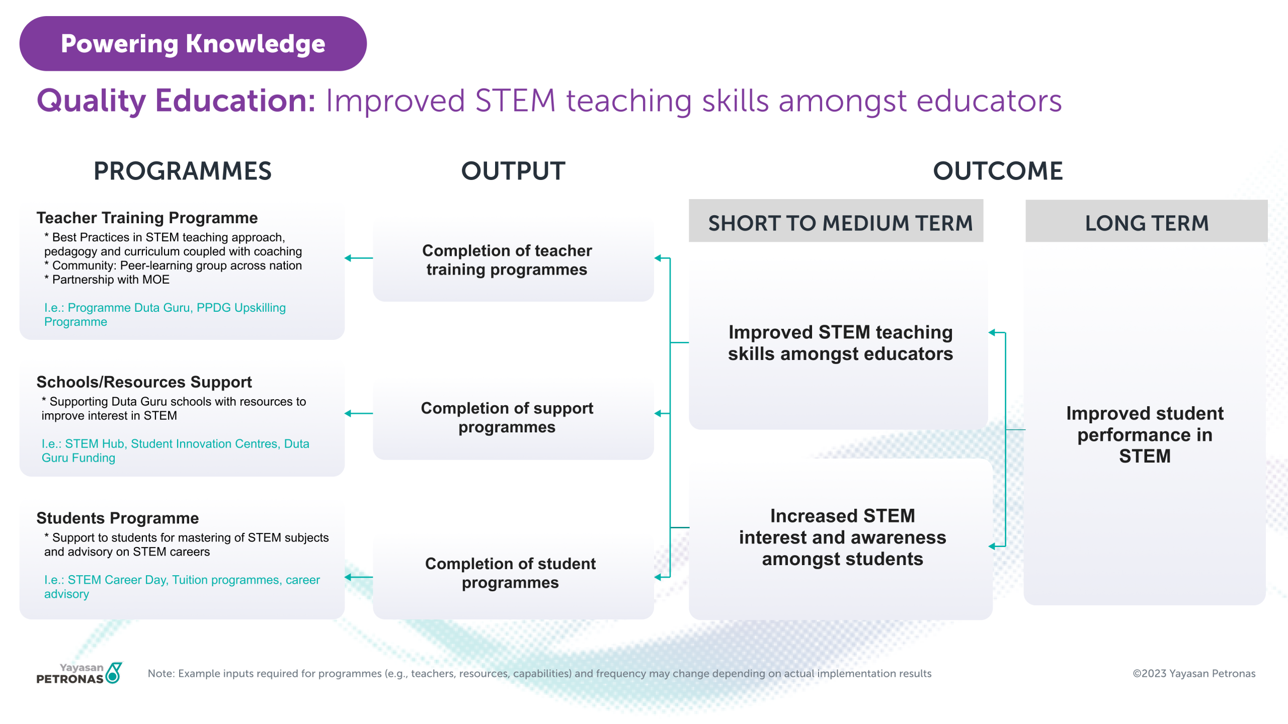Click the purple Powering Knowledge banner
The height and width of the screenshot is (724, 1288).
(193, 44)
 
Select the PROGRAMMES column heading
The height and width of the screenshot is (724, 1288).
(183, 171)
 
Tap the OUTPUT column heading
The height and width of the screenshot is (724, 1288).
(513, 171)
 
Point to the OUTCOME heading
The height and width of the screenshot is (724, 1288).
(998, 171)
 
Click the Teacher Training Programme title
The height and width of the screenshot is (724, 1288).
(147, 218)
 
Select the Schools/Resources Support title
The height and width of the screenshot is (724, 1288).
(144, 382)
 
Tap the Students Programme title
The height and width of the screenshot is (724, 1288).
(118, 518)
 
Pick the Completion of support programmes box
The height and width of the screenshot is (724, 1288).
(513, 417)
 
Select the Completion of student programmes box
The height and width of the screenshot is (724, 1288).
(513, 573)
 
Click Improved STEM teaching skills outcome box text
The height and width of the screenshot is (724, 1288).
(840, 343)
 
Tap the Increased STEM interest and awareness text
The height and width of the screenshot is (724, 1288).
(842, 537)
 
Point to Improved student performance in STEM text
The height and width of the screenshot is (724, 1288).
(1145, 434)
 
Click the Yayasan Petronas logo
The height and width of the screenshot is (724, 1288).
(79, 673)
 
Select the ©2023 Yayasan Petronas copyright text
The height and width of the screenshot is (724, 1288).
(1194, 674)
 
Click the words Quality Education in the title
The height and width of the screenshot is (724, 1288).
(176, 101)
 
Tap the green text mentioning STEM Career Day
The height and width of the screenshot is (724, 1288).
(182, 587)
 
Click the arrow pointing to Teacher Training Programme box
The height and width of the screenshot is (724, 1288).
(359, 258)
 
